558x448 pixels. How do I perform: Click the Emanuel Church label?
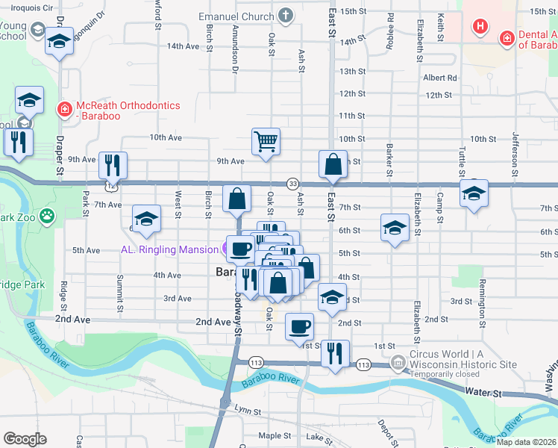click(x=236, y=16)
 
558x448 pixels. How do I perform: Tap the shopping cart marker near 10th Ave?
click(x=266, y=141)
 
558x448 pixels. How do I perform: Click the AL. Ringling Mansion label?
click(x=170, y=249)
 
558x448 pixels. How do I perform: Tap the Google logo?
click(x=25, y=439)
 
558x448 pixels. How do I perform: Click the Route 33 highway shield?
click(x=293, y=184)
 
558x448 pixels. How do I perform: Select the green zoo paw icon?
click(x=47, y=217)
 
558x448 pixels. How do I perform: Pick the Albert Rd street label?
click(x=439, y=78)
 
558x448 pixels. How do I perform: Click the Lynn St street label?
click(x=248, y=411)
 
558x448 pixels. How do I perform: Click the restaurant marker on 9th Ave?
click(x=113, y=165)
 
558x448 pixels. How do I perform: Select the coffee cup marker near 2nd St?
click(x=299, y=326)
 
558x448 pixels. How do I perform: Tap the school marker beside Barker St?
click(x=395, y=227)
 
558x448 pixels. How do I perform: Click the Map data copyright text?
click(x=526, y=442)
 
